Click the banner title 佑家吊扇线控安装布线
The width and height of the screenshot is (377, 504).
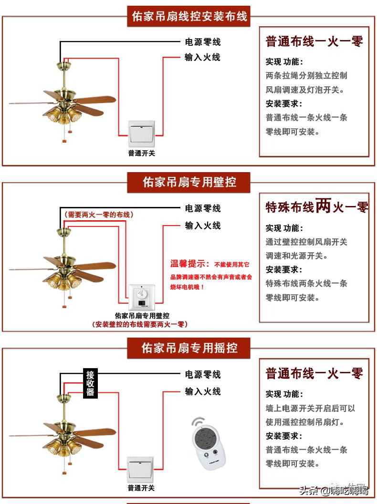pyautogui.click(x=189, y=16)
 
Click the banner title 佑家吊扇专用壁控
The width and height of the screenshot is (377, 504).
pyautogui.click(x=189, y=182)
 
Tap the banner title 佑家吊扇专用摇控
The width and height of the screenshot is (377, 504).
pyautogui.click(x=189, y=348)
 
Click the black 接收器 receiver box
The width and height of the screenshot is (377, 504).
pyautogui.click(x=90, y=383)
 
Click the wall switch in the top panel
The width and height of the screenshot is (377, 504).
pyautogui.click(x=141, y=134)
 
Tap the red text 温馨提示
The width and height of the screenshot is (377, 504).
pyautogui.click(x=189, y=264)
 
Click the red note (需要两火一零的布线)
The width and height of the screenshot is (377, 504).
pyautogui.click(x=98, y=215)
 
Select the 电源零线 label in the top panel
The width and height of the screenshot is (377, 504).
pyautogui.click(x=203, y=42)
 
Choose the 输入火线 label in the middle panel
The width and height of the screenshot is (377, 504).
pyautogui.click(x=203, y=226)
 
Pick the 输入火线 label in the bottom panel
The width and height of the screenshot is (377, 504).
pyautogui.click(x=203, y=391)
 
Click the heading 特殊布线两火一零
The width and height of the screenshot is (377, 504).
pyautogui.click(x=316, y=207)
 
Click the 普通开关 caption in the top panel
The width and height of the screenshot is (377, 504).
pyautogui.click(x=141, y=153)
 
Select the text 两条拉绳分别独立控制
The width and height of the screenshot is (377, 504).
pyautogui.click(x=306, y=76)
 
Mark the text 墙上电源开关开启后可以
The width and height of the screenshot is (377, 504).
pyautogui.click(x=310, y=409)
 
